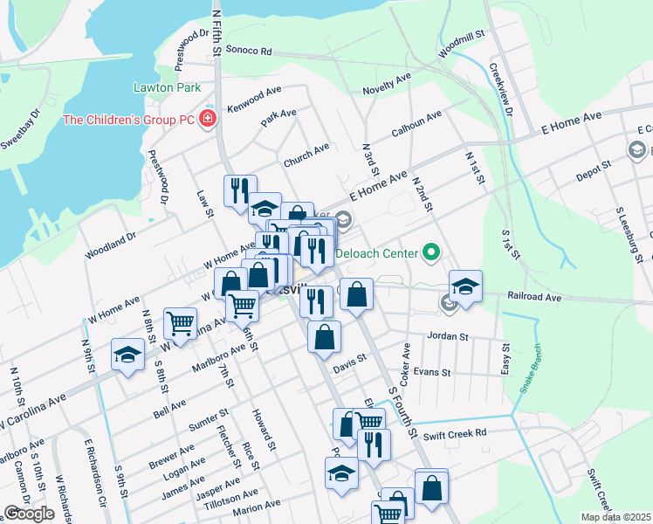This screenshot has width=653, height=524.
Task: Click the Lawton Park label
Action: pos(167,87)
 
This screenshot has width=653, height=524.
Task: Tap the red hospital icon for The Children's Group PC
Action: pos(208,118)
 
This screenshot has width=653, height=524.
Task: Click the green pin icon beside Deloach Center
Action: pos(430,254)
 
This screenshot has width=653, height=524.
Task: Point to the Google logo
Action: pos(29,514)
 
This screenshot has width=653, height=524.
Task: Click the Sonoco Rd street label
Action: pos(251,51)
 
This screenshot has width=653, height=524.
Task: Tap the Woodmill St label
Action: pos(461,47)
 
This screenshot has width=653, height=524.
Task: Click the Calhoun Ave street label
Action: pos(416,123)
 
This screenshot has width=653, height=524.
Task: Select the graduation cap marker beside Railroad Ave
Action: pos(465,286)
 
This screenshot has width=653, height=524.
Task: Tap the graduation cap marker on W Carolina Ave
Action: pos(127,355)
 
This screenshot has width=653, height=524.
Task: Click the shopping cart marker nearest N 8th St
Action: pos(180,322)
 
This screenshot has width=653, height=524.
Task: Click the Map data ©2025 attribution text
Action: pos(615,517)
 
